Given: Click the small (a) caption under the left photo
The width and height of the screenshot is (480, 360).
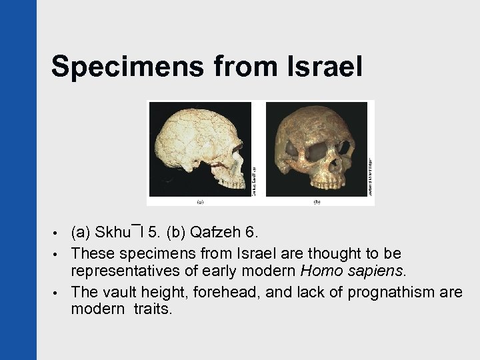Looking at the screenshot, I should pos(200,200).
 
